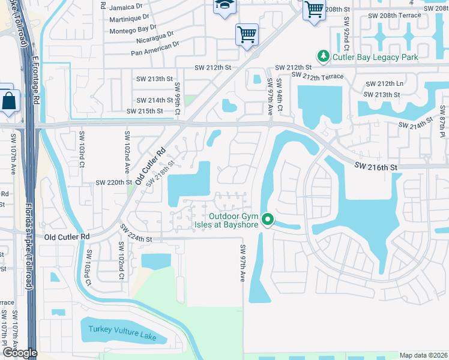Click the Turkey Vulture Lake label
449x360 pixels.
[122, 333]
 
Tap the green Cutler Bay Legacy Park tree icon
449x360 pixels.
[324, 56]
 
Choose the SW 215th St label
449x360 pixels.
[145, 111]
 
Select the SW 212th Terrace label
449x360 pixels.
[318, 76]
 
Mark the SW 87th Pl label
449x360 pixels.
[442, 126]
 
